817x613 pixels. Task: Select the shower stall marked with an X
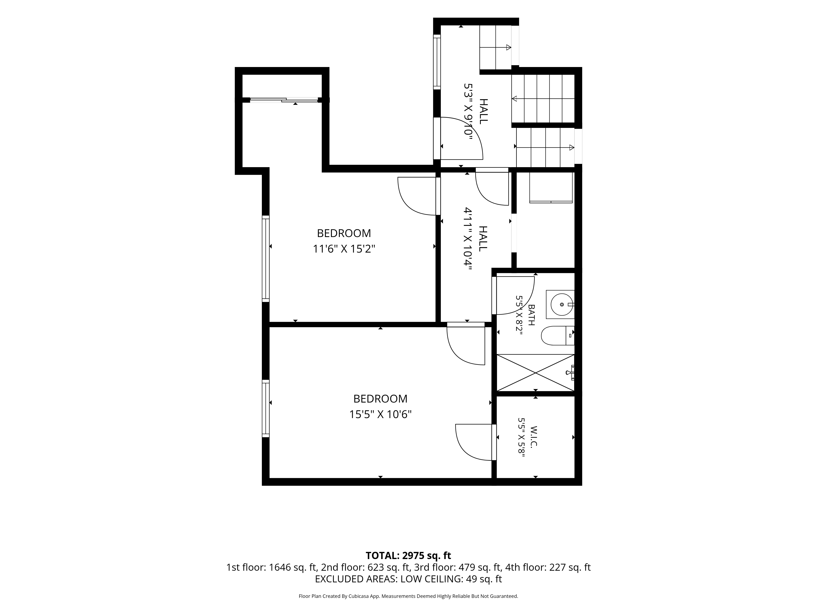point(536,372)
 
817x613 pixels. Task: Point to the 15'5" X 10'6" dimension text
point(381,415)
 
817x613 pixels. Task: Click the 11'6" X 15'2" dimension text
point(344,249)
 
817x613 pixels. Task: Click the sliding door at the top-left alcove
point(284,99)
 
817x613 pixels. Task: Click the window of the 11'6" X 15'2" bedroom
point(266,259)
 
